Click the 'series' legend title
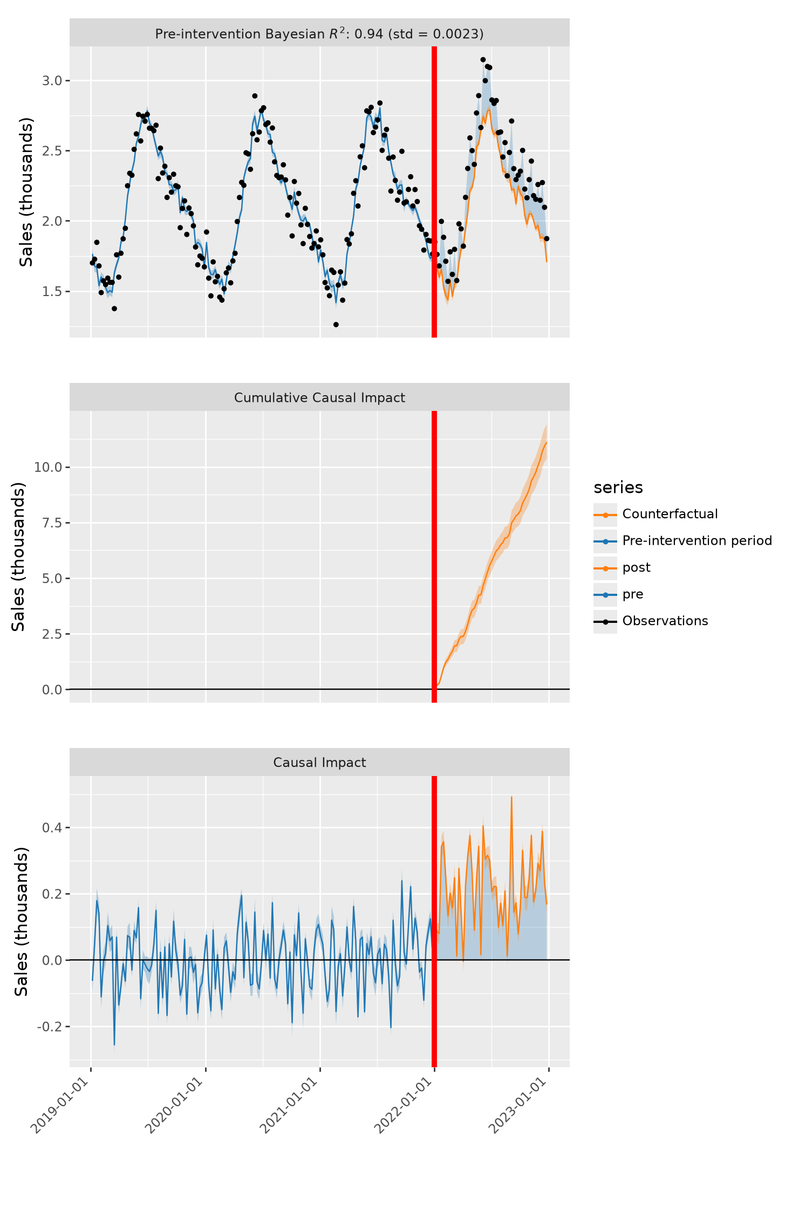(618, 488)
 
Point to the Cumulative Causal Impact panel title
(319, 398)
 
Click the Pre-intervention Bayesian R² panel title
(319, 33)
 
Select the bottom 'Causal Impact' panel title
(319, 763)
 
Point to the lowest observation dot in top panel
(336, 325)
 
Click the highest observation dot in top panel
(483, 60)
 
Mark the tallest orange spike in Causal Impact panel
(511, 797)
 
